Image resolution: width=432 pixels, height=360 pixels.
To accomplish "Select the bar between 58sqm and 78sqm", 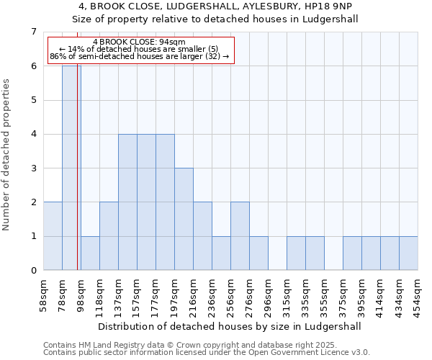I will [x=53, y=236].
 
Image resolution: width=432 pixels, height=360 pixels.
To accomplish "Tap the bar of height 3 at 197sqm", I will [x=184, y=219].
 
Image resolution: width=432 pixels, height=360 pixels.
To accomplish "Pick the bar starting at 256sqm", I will [x=240, y=236].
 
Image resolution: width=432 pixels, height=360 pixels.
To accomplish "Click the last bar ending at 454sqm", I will [x=408, y=253].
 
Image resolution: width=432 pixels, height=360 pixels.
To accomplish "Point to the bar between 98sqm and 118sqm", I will [x=90, y=253].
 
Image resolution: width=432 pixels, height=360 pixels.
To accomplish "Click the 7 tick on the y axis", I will [x=33, y=32].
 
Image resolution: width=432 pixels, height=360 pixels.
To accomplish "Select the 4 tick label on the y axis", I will [x=33, y=135].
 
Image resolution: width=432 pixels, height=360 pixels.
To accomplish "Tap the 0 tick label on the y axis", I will [x=33, y=271].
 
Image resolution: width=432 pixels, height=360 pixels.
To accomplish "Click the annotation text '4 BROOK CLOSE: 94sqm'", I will [x=139, y=42].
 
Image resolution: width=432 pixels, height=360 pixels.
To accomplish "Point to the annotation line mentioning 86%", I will [x=139, y=56].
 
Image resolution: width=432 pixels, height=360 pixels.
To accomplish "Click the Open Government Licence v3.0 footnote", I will [x=206, y=353].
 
